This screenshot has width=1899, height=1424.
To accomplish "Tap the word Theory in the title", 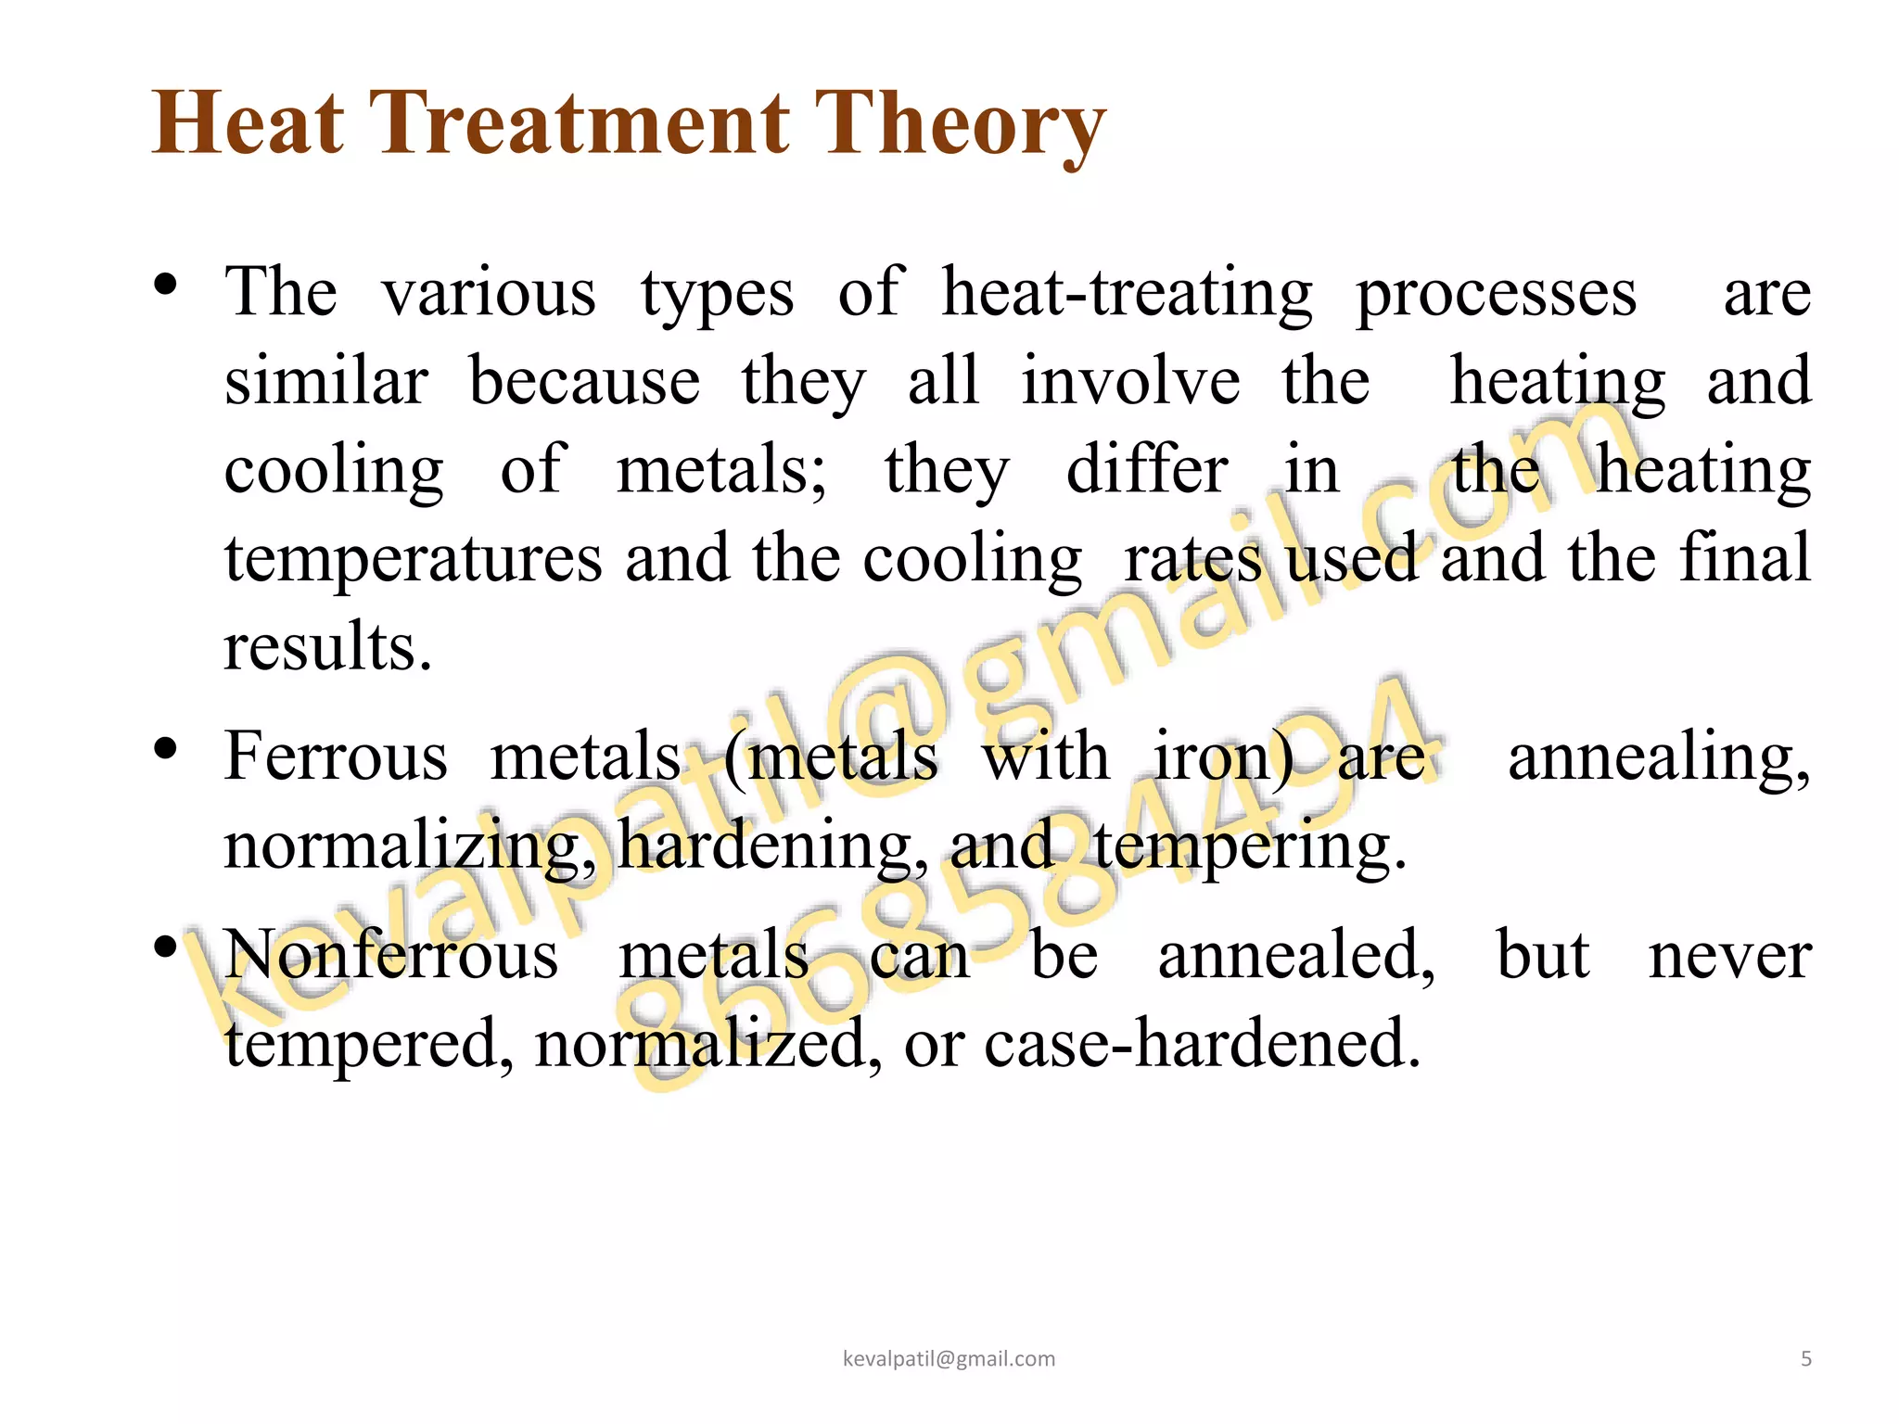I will pos(960,125).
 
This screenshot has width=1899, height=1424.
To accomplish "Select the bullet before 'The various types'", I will pos(166,284).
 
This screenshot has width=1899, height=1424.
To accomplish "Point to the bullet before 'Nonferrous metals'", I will pos(166,947).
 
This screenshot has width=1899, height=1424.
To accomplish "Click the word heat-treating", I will pos(1127,293).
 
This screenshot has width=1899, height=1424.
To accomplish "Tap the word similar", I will pos(326,381).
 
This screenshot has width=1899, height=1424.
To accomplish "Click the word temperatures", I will pos(414,560).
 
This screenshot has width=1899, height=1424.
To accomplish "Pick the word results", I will pos(327,646).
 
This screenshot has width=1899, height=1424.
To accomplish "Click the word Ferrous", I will pos(336,756).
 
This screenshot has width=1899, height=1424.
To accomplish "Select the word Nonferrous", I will pos(391,955).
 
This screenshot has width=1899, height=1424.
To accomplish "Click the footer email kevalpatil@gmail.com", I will pos(949,1359).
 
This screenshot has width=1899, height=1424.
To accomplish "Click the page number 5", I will pos(1806,1359).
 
